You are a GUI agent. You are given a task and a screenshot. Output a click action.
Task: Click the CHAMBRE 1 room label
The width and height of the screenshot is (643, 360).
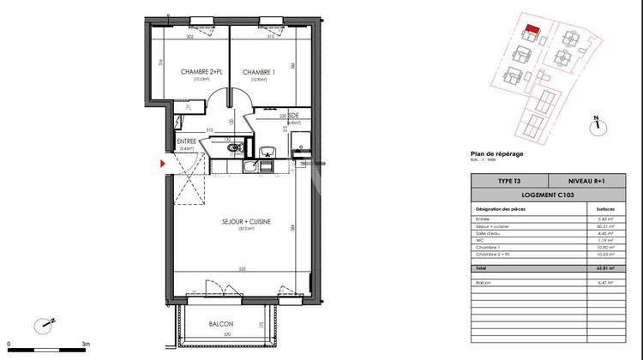tap(257, 72)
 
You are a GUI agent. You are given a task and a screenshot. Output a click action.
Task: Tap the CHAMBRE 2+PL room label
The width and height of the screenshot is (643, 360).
tap(188, 72)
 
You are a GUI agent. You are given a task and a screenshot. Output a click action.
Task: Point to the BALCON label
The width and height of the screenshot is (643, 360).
tap(220, 324)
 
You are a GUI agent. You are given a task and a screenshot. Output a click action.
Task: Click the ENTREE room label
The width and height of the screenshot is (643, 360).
tap(187, 141)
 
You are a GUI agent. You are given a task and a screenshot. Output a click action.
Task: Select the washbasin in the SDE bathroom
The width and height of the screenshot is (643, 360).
tap(268, 153)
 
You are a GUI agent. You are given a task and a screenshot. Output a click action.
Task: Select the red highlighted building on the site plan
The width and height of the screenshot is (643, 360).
tap(532, 28)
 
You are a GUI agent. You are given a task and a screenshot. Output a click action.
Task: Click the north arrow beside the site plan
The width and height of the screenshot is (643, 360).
tap(592, 124)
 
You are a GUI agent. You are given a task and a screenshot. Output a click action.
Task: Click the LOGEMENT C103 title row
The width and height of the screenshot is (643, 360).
tap(550, 195)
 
